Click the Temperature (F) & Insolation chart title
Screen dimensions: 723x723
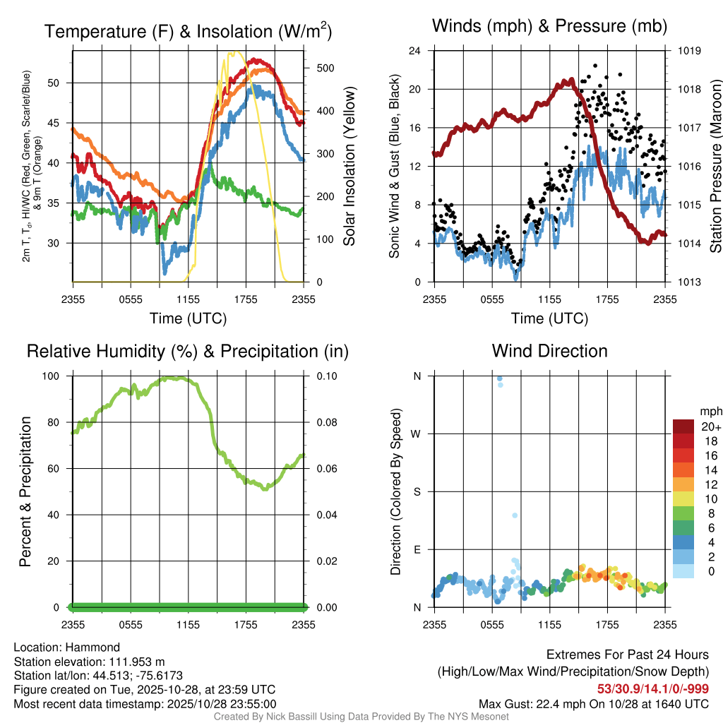(188, 32)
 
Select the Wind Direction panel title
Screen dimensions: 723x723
(549, 351)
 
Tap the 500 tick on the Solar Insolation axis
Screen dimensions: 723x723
(325, 68)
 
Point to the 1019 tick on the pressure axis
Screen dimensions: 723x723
(688, 51)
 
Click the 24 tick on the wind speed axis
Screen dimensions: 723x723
(415, 51)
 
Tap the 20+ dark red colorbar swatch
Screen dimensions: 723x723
(683, 426)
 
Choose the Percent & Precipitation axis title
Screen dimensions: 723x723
(25, 491)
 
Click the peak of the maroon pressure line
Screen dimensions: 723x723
(565, 80)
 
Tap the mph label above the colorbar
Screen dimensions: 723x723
(710, 411)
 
